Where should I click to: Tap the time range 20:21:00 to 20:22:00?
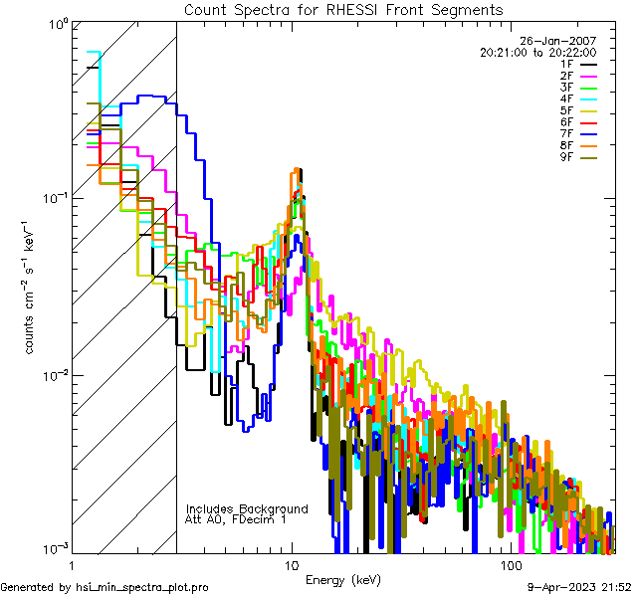pyautogui.click(x=537, y=53)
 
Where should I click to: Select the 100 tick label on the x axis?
pyautogui.click(x=510, y=565)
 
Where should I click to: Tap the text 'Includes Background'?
pyautogui.click(x=247, y=508)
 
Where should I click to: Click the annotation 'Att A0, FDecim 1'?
pyautogui.click(x=236, y=519)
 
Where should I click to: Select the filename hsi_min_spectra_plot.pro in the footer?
pyautogui.click(x=141, y=588)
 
